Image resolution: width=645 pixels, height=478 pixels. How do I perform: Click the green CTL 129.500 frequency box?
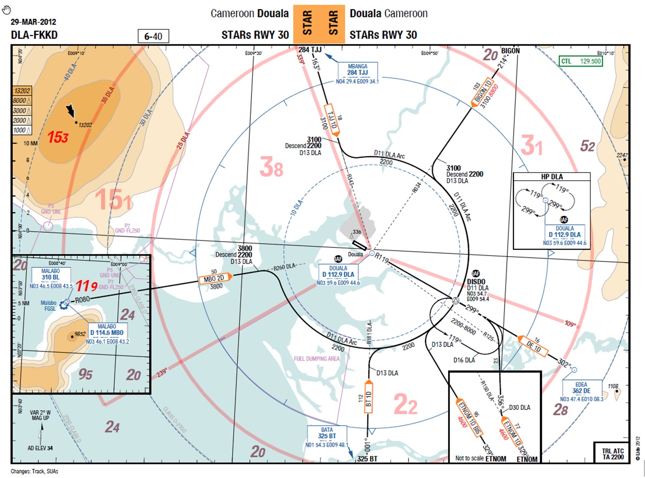point(581,61)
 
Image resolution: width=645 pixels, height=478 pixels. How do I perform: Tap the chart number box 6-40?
point(153,36)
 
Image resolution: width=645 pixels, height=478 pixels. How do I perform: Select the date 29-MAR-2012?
point(33,22)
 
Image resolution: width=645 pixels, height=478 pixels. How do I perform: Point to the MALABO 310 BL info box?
point(51,275)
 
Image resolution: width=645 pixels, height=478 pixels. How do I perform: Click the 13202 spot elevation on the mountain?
point(85,125)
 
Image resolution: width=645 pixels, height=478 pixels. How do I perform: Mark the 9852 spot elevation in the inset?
point(80,334)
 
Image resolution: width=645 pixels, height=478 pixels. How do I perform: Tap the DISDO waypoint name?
point(476,282)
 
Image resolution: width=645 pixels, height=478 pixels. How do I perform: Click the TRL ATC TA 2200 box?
point(613,454)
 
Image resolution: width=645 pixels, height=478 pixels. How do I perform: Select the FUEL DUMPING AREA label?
point(317,359)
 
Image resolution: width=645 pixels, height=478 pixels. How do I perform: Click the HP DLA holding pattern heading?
point(552,177)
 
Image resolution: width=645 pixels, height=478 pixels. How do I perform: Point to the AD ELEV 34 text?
point(40,448)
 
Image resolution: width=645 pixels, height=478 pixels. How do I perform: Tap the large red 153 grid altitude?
point(58,137)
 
